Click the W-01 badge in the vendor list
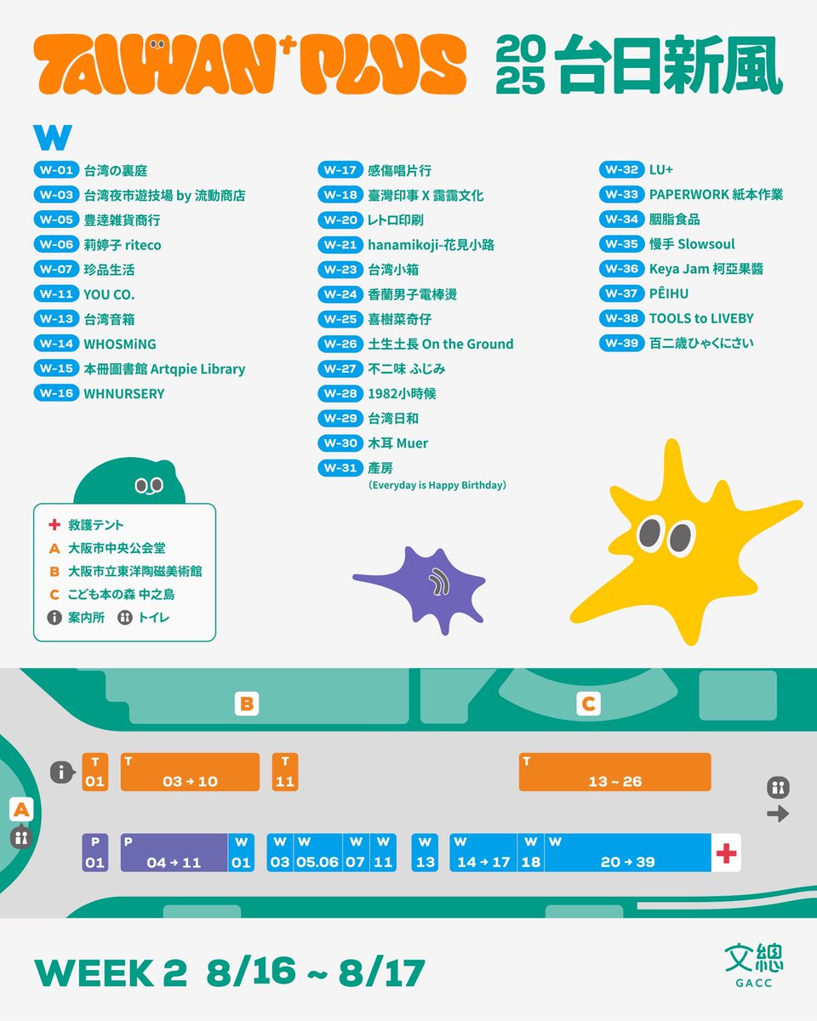pyautogui.click(x=56, y=170)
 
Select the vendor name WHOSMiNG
pyautogui.click(x=120, y=344)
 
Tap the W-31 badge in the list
pyautogui.click(x=340, y=468)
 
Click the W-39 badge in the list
pyautogui.click(x=621, y=343)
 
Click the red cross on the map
pyautogui.click(x=725, y=853)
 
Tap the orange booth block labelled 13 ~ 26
pyautogui.click(x=614, y=772)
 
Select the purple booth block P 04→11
pyautogui.click(x=174, y=853)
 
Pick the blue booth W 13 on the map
pyautogui.click(x=425, y=853)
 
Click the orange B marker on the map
pyautogui.click(x=247, y=704)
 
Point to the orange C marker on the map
pyautogui.click(x=587, y=704)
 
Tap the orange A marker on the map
pyautogui.click(x=22, y=811)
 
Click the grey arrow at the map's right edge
pyautogui.click(x=777, y=814)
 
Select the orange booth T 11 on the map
pyautogui.click(x=285, y=772)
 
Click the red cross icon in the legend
pyautogui.click(x=54, y=526)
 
